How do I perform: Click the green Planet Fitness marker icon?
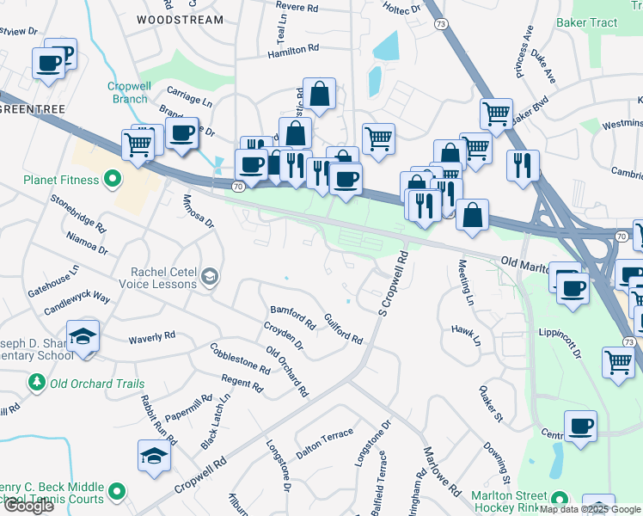[112, 180]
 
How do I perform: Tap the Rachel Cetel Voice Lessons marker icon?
[210, 277]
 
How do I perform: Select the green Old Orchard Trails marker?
[36, 382]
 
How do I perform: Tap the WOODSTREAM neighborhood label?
[180, 19]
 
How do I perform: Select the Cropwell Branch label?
[129, 92]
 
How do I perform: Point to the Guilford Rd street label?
[343, 329]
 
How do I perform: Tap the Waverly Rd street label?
[151, 337]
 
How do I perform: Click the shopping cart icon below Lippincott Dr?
[618, 362]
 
